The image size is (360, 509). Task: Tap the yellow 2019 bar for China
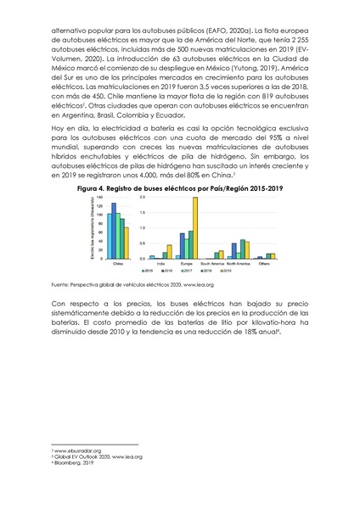(x=126, y=243)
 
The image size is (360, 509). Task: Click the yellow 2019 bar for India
(x=169, y=252)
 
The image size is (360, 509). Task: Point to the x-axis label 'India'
(x=160, y=264)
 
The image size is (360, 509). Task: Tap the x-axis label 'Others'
(x=265, y=264)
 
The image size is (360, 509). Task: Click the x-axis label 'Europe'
(x=185, y=264)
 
